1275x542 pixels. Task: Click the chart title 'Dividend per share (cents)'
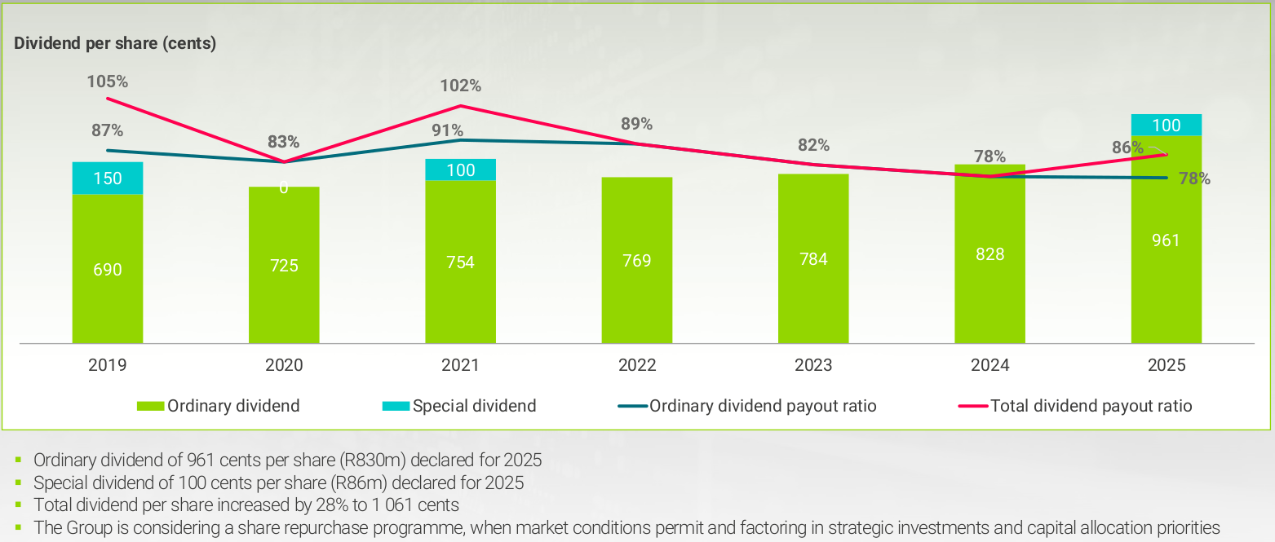pyautogui.click(x=115, y=44)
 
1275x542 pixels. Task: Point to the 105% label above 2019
pyautogui.click(x=108, y=82)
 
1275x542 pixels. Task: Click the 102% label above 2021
pyautogui.click(x=461, y=86)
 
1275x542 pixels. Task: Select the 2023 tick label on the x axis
pyautogui.click(x=813, y=365)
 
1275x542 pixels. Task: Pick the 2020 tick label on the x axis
pyautogui.click(x=284, y=365)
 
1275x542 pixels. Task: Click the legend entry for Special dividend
pyautogui.click(x=474, y=406)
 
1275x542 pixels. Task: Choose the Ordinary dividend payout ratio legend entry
pyautogui.click(x=763, y=406)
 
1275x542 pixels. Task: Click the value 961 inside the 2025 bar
pyautogui.click(x=1166, y=240)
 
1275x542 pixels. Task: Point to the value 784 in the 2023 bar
pyautogui.click(x=813, y=259)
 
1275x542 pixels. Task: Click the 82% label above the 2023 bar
pyautogui.click(x=813, y=145)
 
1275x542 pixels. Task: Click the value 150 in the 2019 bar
pyautogui.click(x=108, y=178)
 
